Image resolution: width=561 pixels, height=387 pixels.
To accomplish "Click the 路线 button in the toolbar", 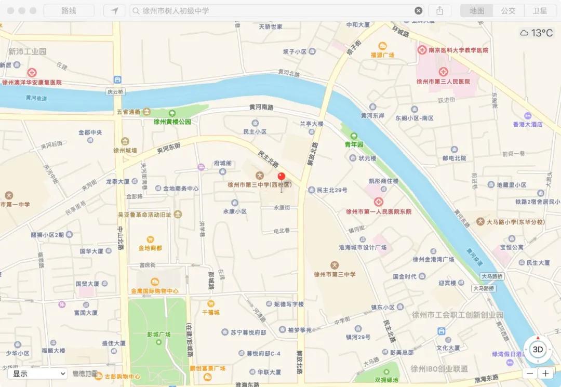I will pos(69,10).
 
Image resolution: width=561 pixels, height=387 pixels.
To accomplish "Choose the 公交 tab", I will pos(508,10).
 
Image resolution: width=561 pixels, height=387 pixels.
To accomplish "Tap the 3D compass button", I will pos(538,350).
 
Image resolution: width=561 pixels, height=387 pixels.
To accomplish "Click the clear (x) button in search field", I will pos(418,10).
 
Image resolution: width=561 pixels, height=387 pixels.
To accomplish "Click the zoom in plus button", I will pos(545,373).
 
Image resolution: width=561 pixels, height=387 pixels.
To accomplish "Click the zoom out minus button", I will pos(529,373).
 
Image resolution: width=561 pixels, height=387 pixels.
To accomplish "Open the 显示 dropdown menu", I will pos(37,373).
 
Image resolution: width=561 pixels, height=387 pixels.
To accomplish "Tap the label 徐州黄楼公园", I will pos(172,122).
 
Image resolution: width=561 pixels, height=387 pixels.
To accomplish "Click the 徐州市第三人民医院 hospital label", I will pos(443,82).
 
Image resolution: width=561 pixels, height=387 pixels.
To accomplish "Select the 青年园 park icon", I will pos(354,137).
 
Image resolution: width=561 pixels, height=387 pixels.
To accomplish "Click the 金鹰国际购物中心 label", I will pos(155,291).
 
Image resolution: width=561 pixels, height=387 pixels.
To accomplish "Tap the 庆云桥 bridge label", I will pos(116,91).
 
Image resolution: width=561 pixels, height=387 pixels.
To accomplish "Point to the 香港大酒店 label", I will pos(528,124).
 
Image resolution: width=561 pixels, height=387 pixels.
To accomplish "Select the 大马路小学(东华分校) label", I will pos(515,222).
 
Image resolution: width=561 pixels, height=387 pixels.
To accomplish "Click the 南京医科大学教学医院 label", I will pos(453,50).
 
